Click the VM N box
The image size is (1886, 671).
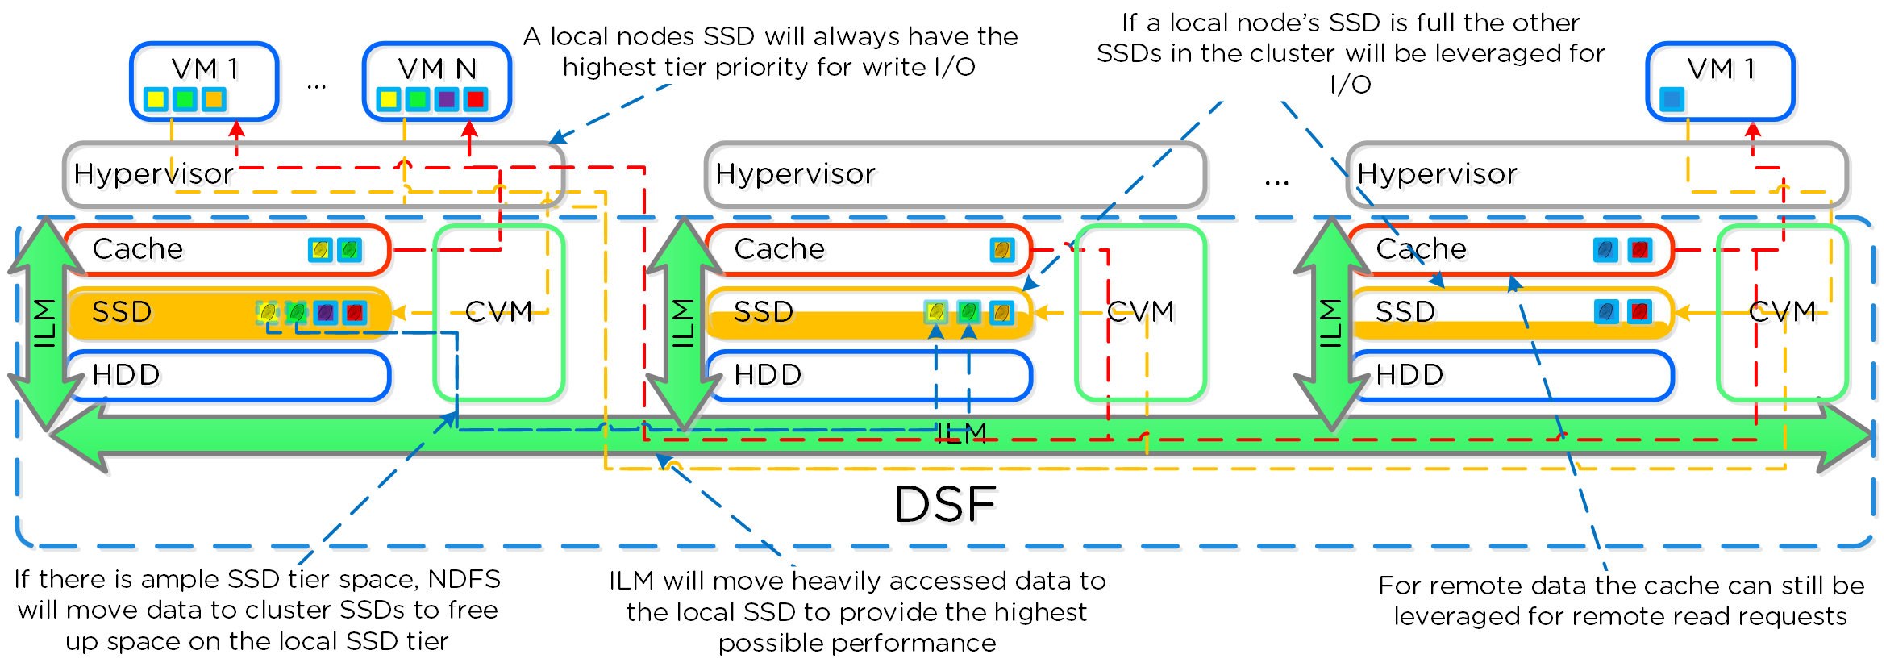pos(437,81)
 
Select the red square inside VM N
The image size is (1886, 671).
pos(476,99)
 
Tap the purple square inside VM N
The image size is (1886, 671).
pos(446,99)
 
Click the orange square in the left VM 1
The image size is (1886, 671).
pos(214,99)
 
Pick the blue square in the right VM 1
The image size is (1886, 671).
pos(1672,99)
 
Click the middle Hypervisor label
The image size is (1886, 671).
pos(795,174)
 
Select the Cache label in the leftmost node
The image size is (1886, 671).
pos(138,249)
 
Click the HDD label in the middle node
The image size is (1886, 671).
pos(768,375)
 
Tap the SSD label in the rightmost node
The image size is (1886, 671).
pos(1405,312)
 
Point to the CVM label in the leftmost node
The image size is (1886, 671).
pos(499,312)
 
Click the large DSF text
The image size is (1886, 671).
pos(945,505)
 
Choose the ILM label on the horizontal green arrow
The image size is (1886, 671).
pos(962,433)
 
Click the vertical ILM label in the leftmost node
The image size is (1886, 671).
pos(44,323)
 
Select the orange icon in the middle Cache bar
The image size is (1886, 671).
pos(1002,250)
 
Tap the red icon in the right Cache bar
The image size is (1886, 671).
pos(1639,250)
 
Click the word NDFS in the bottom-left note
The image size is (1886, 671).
pos(464,580)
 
